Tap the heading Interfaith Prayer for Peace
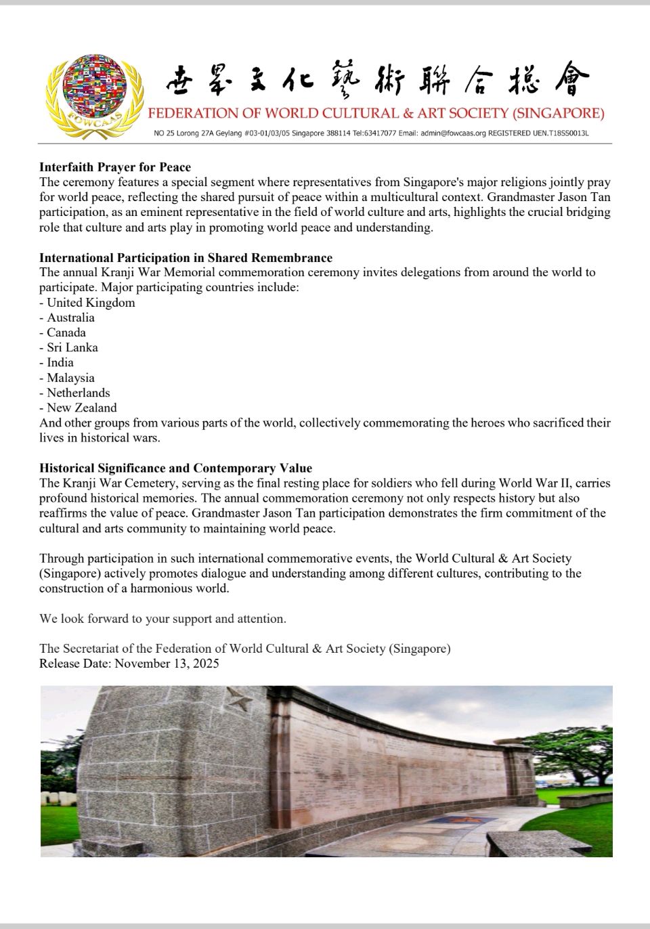[x=115, y=167]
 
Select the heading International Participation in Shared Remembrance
[x=186, y=257]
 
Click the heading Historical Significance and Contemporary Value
[x=175, y=468]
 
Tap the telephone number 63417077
[x=381, y=133]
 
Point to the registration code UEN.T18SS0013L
[x=561, y=133]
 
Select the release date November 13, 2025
[x=167, y=664]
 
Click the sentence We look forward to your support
[x=162, y=618]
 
